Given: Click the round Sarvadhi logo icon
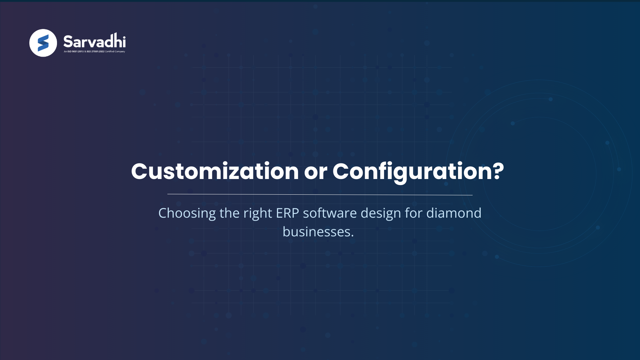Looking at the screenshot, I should tap(43, 43).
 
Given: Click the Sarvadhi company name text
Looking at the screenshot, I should tap(94, 41).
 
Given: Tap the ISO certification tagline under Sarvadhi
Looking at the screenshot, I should tap(94, 52).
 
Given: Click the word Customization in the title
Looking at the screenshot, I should tap(215, 171).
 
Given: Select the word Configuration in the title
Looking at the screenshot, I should tap(412, 171).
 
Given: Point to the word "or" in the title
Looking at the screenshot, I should tap(315, 172).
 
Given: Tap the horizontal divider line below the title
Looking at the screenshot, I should tap(320, 194).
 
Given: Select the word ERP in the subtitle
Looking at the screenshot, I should tap(287, 213).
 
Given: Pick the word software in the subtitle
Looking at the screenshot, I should tap(330, 213).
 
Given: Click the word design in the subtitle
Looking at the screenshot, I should tap(381, 213).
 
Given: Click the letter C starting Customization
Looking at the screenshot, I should tap(139, 171).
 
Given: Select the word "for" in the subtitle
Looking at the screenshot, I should tap(414, 213).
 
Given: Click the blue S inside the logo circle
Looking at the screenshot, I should tap(43, 43).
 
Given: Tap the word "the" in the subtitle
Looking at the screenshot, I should tap(229, 213).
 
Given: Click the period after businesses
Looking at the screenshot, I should tap(352, 236).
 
